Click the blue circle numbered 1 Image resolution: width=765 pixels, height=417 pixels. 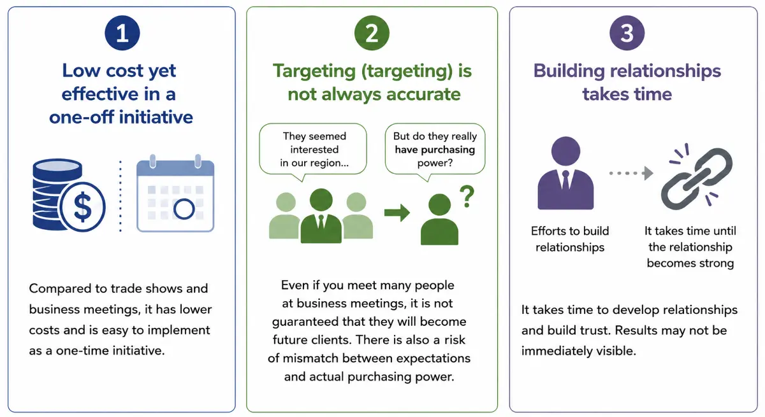pyautogui.click(x=122, y=33)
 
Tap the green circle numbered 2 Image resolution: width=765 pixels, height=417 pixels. pyautogui.click(x=372, y=33)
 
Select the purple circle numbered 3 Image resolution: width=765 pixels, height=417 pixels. pyautogui.click(x=627, y=33)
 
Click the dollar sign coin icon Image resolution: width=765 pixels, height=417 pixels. pyautogui.click(x=83, y=207)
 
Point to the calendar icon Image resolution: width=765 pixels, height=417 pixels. pyautogui.click(x=175, y=194)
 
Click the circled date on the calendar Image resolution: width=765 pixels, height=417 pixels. pyautogui.click(x=184, y=209)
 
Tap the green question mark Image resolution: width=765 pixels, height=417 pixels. pyautogui.click(x=467, y=196)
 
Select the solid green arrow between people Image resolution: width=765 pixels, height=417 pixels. pyautogui.click(x=397, y=213)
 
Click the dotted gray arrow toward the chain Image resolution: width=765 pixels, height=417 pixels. pyautogui.click(x=631, y=173)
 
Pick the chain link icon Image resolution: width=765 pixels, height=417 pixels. pyautogui.click(x=697, y=178)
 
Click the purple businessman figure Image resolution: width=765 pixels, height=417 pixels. pyautogui.click(x=565, y=173)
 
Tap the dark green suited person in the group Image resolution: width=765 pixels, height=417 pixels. pyautogui.click(x=321, y=216)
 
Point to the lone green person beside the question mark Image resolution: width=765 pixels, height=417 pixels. pyautogui.click(x=439, y=219)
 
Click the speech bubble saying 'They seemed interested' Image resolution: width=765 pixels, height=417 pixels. pyautogui.click(x=313, y=151)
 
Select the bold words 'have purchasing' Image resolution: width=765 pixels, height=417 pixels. pyautogui.click(x=435, y=150)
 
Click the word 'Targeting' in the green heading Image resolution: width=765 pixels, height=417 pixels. pyautogui.click(x=314, y=71)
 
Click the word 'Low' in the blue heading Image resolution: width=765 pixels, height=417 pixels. pyautogui.click(x=82, y=71)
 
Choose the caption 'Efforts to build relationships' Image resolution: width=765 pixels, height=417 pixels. pyautogui.click(x=570, y=239)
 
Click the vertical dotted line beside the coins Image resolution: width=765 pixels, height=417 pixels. pyautogui.click(x=120, y=196)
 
